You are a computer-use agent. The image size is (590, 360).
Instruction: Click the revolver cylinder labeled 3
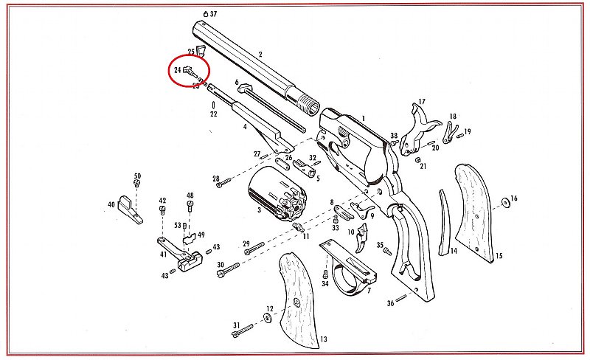tap(278, 194)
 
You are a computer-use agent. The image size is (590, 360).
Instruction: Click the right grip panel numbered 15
tap(475, 212)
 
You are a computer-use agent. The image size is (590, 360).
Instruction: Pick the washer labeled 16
tap(506, 203)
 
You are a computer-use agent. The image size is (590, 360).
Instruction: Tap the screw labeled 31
tap(243, 330)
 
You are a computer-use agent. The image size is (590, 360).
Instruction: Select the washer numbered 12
tap(268, 319)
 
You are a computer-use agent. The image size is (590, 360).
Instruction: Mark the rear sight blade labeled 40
tap(131, 209)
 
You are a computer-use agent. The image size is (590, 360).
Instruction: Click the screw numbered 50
tap(137, 184)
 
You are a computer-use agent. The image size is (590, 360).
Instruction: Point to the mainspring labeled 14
tap(445, 223)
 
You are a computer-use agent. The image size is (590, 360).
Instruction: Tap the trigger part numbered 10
tap(362, 238)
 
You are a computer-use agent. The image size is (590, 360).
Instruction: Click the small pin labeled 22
tap(214, 105)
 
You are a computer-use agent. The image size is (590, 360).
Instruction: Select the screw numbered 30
tap(228, 270)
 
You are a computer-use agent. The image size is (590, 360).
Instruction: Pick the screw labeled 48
tap(190, 206)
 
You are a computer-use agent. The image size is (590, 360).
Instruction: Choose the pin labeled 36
tap(401, 298)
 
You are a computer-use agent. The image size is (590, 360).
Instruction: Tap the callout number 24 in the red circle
tap(178, 70)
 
